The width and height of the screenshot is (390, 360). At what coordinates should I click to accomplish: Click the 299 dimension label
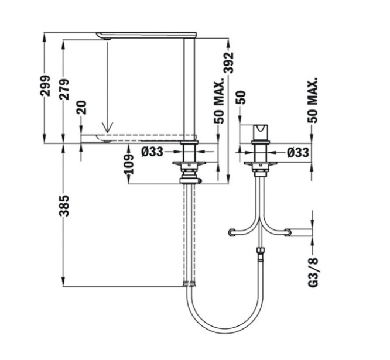click(46, 86)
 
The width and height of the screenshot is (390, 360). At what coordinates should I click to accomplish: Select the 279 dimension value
click(64, 89)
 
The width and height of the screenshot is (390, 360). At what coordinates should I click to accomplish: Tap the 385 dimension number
click(64, 206)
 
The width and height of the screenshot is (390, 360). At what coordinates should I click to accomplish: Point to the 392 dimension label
click(228, 63)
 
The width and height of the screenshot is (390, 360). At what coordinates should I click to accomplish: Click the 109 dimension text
click(129, 164)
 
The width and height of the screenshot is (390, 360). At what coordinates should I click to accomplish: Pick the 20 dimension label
click(82, 107)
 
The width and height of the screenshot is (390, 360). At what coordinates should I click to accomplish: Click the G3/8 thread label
click(313, 273)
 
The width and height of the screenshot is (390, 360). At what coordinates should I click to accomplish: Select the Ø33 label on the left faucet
click(152, 152)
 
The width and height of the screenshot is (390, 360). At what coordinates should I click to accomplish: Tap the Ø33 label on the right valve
click(298, 152)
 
